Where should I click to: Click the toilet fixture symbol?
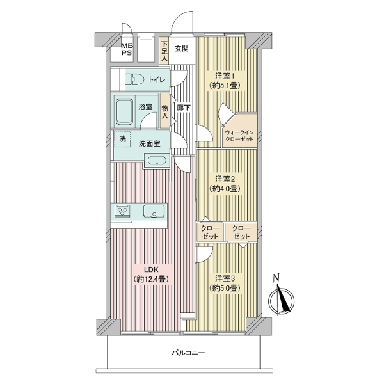(134, 79)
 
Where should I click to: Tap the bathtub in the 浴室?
(125, 111)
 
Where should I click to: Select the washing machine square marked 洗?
(122, 139)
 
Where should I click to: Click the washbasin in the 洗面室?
(157, 161)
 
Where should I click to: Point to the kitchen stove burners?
(122, 211)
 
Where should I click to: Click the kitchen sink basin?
(154, 211)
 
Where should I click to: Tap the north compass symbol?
(282, 300)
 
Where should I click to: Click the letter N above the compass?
(276, 278)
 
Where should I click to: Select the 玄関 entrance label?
(182, 49)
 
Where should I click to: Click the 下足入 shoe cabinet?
(164, 51)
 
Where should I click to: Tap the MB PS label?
(127, 49)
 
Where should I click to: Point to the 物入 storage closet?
(165, 111)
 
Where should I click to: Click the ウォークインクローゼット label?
(239, 136)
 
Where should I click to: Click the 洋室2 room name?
(225, 179)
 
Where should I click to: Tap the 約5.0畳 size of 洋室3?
(225, 288)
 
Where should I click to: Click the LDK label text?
(151, 269)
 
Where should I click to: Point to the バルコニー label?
(188, 353)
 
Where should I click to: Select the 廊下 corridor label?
(184, 108)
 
